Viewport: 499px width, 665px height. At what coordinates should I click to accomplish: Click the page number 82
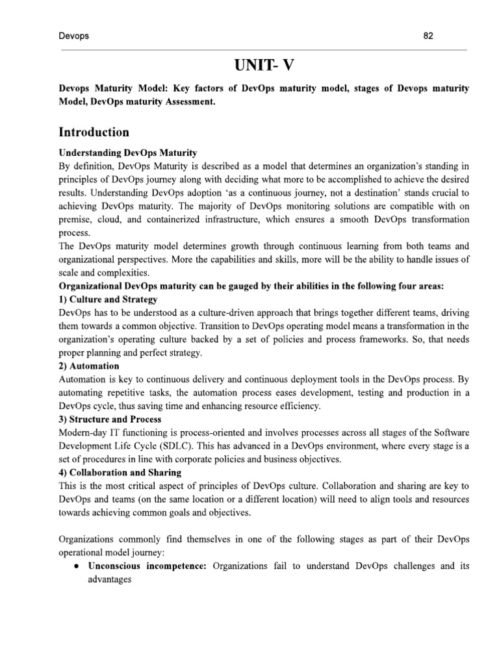(x=428, y=36)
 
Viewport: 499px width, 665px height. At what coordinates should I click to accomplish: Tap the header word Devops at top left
(x=73, y=36)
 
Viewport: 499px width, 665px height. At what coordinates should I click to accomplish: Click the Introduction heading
(x=94, y=132)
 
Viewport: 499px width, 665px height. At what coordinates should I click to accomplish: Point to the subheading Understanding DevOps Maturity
(x=127, y=153)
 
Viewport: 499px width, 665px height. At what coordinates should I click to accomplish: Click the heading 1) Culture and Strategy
(x=108, y=299)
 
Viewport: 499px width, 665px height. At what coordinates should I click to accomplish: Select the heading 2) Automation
(x=89, y=366)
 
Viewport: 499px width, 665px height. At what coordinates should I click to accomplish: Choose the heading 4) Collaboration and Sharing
(x=120, y=472)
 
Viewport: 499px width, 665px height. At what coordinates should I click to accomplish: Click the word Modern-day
(x=83, y=432)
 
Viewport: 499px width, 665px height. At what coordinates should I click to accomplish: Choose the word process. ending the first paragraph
(x=75, y=232)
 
